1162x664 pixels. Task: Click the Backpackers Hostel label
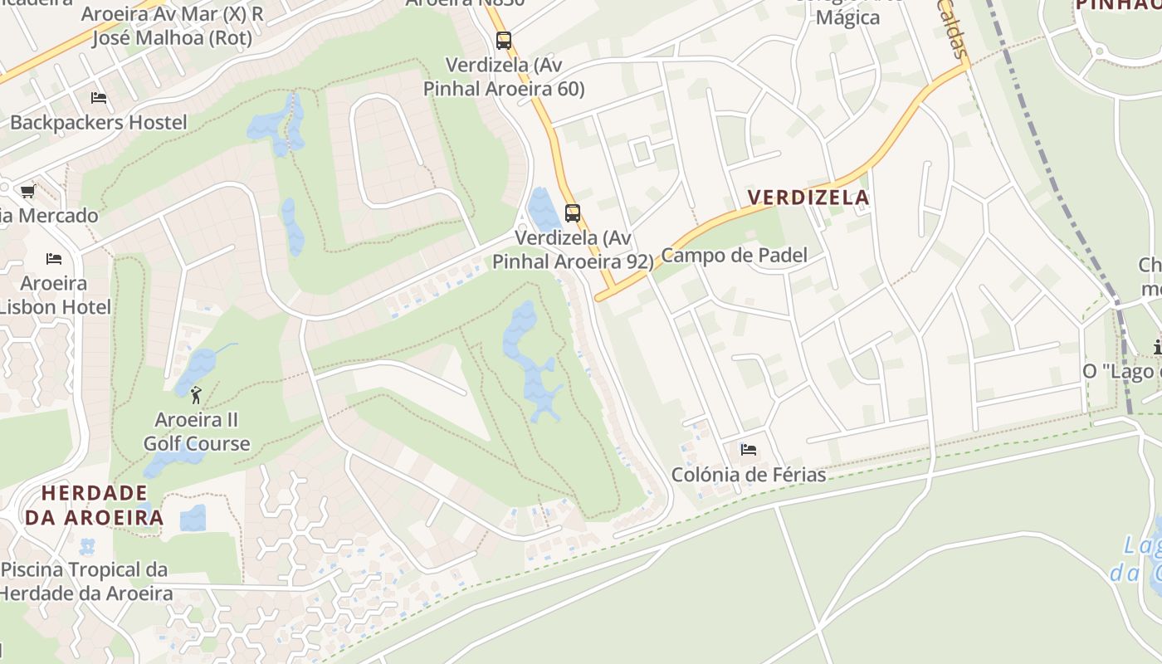click(x=99, y=123)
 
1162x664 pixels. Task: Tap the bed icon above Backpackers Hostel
click(x=99, y=98)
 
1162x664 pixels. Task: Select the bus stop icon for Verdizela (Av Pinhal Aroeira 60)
click(x=504, y=40)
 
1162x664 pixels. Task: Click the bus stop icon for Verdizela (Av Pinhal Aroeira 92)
click(x=573, y=212)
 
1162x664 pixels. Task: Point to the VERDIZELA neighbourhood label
click(x=808, y=198)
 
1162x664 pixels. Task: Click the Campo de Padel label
click(x=734, y=256)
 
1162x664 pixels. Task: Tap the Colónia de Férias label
click(x=749, y=475)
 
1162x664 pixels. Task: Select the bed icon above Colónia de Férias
click(x=749, y=450)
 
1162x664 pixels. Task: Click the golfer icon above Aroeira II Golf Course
click(x=196, y=393)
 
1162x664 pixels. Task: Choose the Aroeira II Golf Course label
click(x=197, y=432)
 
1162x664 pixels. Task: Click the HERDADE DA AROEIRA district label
click(x=94, y=505)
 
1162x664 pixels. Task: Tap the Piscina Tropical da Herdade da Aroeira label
click(x=85, y=582)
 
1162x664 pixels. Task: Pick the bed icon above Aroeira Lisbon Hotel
click(x=54, y=259)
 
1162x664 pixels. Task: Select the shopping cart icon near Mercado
click(x=27, y=193)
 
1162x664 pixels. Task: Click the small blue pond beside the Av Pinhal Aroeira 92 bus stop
click(x=543, y=209)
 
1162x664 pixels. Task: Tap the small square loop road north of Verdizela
click(x=641, y=152)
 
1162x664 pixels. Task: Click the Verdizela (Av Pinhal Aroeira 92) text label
click(x=573, y=250)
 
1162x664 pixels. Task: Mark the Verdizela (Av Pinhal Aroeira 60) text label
click(x=504, y=77)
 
